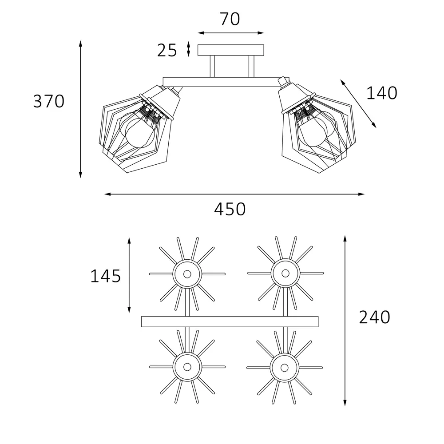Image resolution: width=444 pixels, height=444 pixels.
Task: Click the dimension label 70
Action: (230, 19)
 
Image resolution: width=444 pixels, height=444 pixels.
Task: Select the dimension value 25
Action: (167, 51)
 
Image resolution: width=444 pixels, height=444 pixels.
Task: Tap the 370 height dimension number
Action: (49, 101)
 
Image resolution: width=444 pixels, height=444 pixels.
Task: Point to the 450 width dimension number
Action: (230, 209)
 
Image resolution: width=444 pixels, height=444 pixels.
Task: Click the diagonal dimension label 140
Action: (382, 93)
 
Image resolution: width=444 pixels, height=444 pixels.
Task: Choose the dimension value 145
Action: (105, 276)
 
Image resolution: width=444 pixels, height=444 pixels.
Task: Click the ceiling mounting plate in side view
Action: (231, 50)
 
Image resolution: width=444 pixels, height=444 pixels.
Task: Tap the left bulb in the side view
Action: (140, 132)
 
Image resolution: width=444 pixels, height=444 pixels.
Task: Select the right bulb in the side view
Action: (313, 131)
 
